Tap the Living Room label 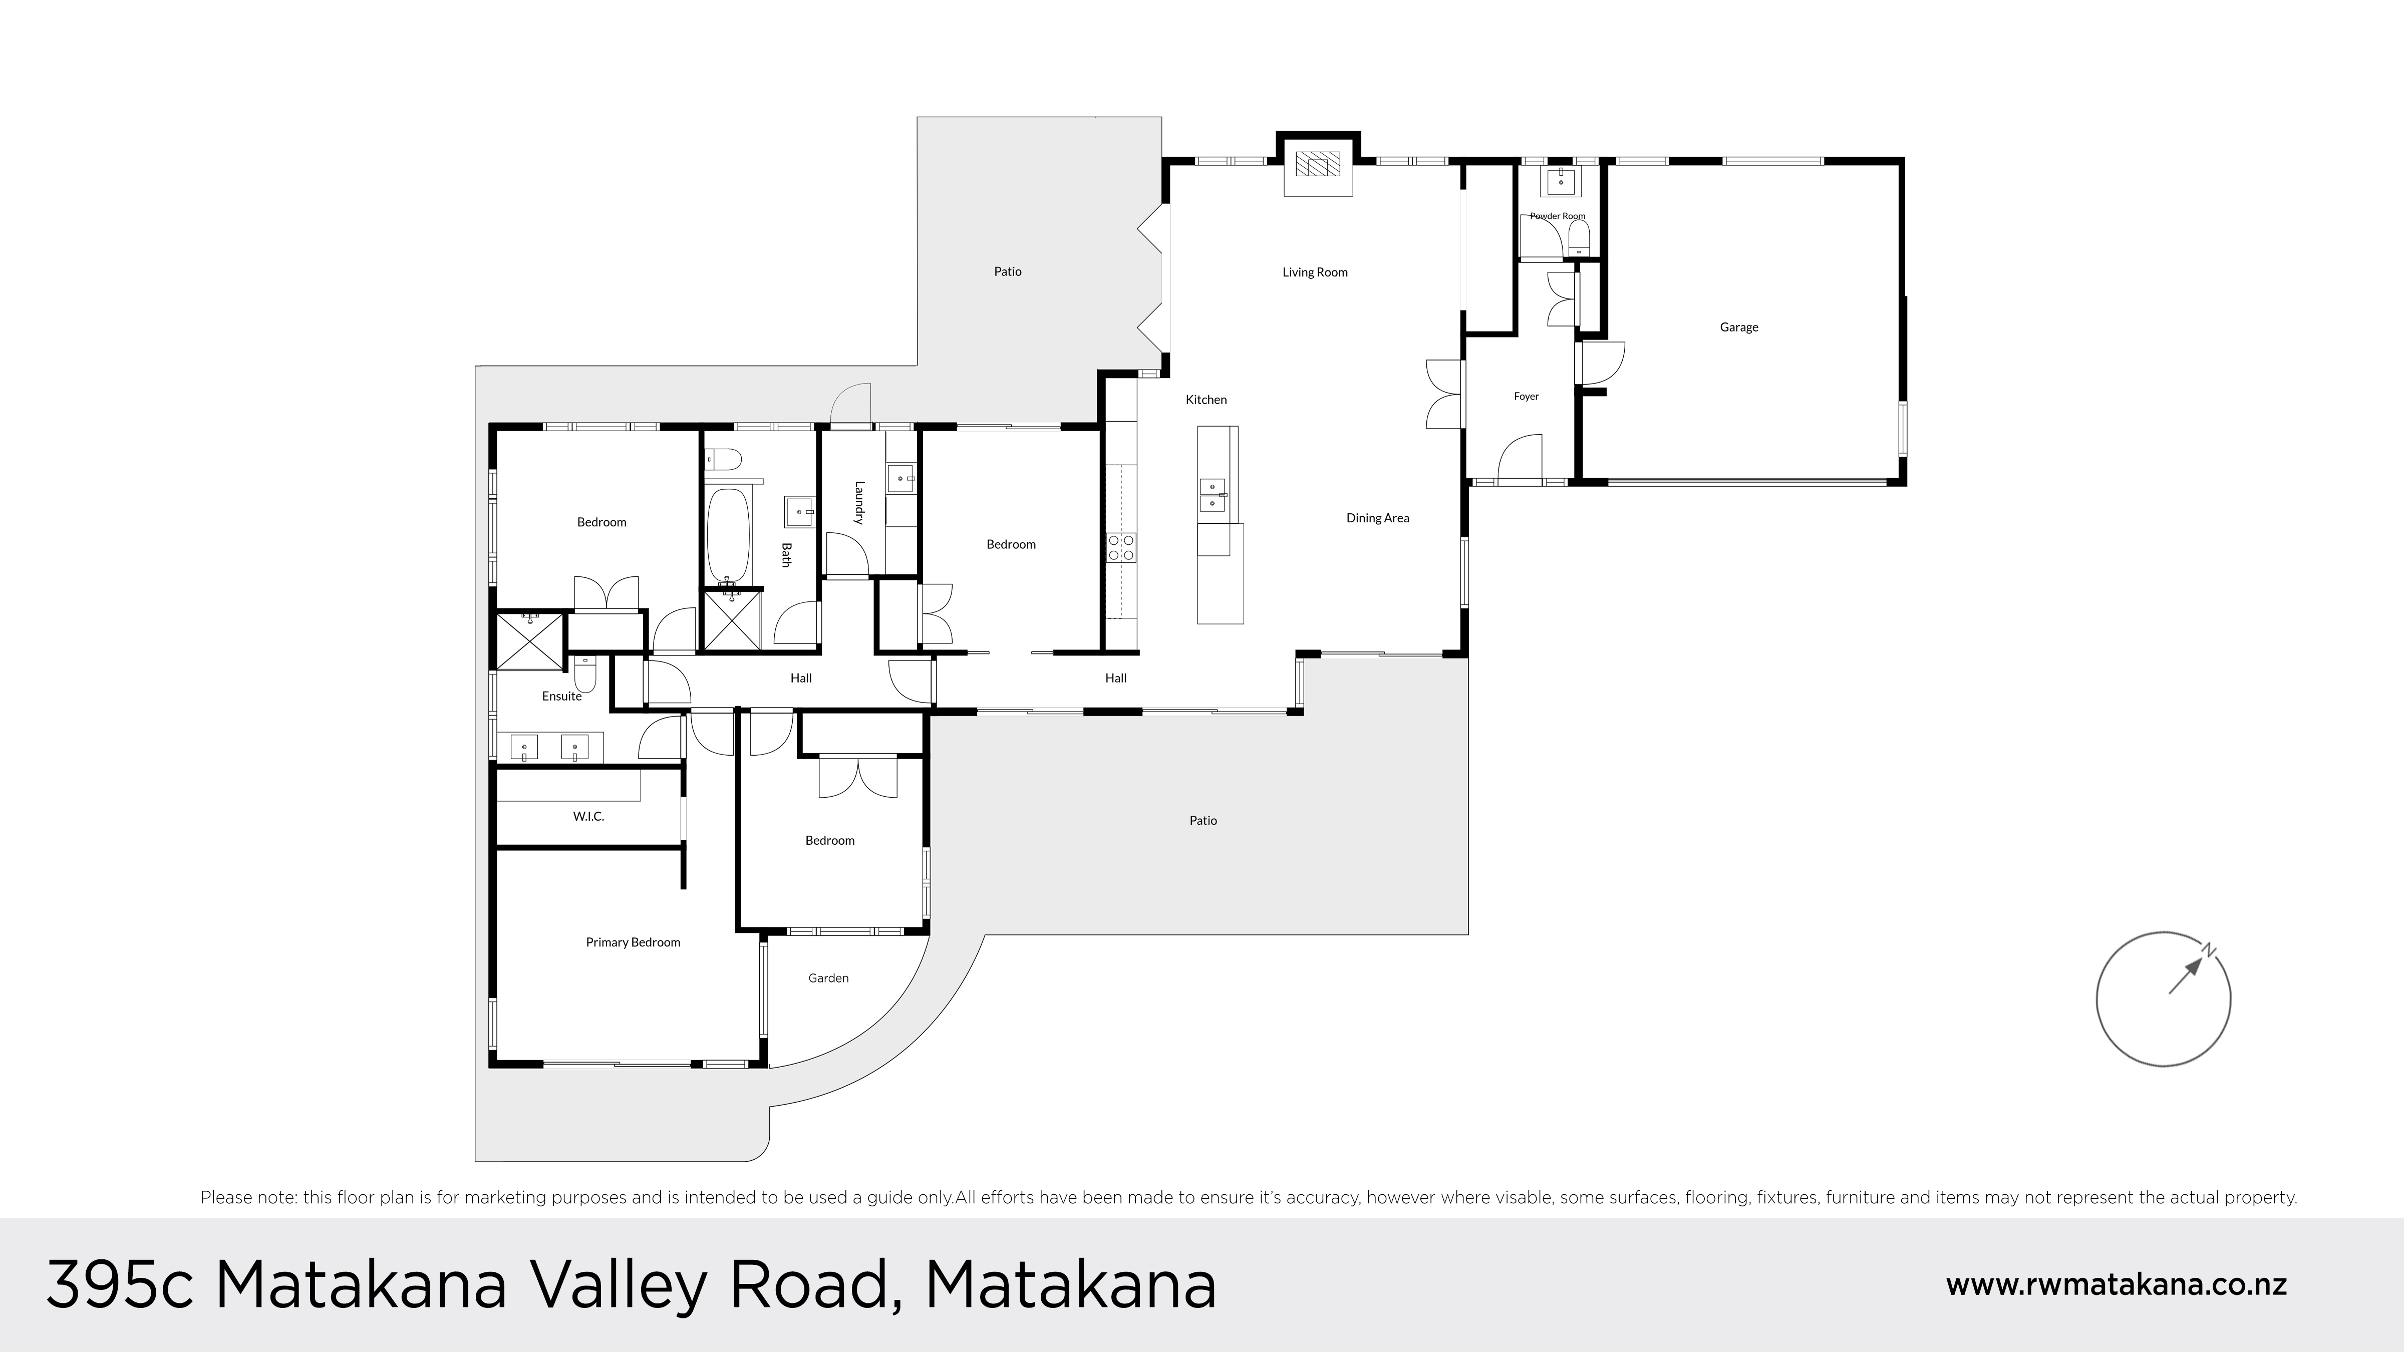click(1315, 272)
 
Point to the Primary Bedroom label click(633, 942)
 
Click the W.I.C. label click(588, 816)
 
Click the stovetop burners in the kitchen click(1121, 547)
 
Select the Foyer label click(1526, 397)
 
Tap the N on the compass click(2209, 950)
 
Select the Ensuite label click(562, 696)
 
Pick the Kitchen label click(1206, 400)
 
